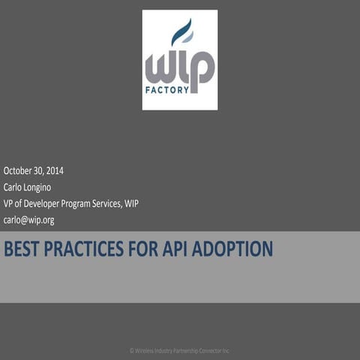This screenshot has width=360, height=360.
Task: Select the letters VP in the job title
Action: pos(9,203)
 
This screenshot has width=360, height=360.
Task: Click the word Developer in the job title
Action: pos(44,203)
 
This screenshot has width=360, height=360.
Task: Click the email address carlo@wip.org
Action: pos(28,220)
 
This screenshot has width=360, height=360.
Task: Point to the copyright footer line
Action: pos(179,350)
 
